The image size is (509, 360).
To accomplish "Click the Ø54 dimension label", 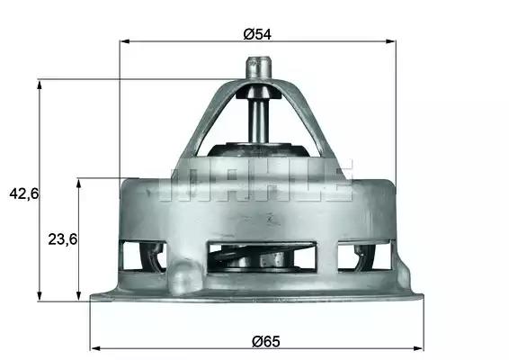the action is (x=257, y=34).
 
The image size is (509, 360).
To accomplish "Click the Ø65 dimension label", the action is (x=266, y=341).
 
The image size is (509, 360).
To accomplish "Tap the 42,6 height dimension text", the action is (x=24, y=194).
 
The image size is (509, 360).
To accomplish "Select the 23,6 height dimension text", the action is (x=63, y=239).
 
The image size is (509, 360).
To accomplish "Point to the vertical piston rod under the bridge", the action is (x=258, y=121).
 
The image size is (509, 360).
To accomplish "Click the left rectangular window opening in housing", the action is (x=143, y=256).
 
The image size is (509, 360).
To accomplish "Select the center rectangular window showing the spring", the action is (x=262, y=256).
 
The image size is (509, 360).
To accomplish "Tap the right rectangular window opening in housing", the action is (x=364, y=256).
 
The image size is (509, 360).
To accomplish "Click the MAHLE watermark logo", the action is (x=255, y=180).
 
